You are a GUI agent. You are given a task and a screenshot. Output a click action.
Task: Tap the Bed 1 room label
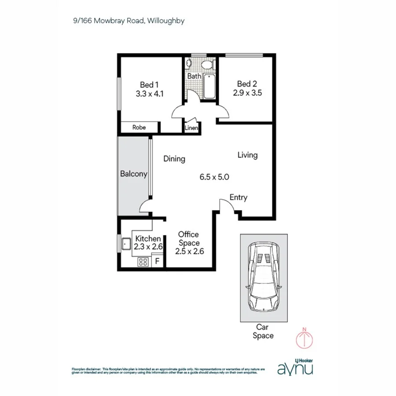[x=149, y=84]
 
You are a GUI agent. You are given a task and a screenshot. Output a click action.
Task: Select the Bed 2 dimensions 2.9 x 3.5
[x=248, y=93]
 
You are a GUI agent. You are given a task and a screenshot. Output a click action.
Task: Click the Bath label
[x=194, y=76]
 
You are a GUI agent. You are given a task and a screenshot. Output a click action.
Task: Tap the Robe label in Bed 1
[x=139, y=128]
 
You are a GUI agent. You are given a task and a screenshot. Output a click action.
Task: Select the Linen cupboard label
[x=191, y=128]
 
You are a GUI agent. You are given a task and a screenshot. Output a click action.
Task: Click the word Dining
[x=174, y=159]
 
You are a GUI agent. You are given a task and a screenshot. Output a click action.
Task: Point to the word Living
[x=247, y=155]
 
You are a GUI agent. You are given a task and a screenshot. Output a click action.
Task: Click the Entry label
[x=238, y=198]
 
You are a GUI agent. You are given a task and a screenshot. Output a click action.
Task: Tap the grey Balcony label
[x=133, y=174]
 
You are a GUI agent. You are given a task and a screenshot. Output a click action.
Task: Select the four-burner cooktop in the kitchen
[x=143, y=262]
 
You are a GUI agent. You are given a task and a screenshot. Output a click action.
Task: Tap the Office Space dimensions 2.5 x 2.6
[x=188, y=252]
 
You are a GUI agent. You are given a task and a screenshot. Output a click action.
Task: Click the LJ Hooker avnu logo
[x=295, y=367]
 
